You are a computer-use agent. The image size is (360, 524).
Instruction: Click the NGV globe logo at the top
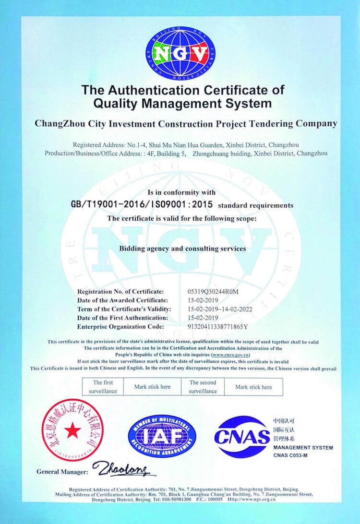point(180,53)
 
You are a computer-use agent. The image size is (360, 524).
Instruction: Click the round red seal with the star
point(72,430)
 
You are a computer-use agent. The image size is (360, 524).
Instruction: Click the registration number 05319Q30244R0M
point(213,292)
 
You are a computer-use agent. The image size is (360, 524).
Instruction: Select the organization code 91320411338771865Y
point(217,327)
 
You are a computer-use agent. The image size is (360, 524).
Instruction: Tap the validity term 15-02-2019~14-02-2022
point(219,309)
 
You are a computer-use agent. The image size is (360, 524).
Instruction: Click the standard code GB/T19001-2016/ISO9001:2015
point(142,204)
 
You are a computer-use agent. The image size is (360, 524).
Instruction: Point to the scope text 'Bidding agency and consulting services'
point(182,249)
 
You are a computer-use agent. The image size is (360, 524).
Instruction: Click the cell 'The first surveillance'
point(103,387)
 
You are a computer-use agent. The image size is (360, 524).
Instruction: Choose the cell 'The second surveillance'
point(203,387)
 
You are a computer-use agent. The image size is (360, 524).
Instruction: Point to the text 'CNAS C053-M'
point(290,455)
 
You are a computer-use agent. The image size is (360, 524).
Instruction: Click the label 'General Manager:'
point(62,472)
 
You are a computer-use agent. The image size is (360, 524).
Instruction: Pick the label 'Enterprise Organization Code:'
point(120,327)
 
